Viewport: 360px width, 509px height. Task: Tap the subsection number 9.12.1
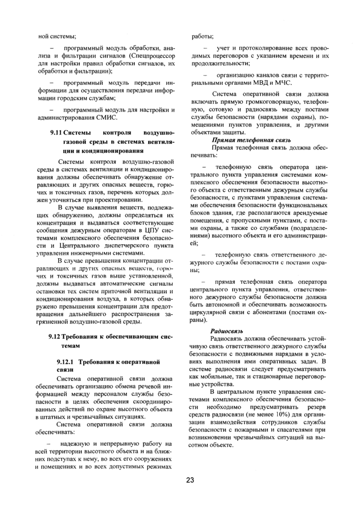click(x=68, y=362)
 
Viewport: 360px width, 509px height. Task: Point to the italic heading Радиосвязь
click(x=227, y=331)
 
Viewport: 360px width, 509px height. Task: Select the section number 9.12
click(x=54, y=337)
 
